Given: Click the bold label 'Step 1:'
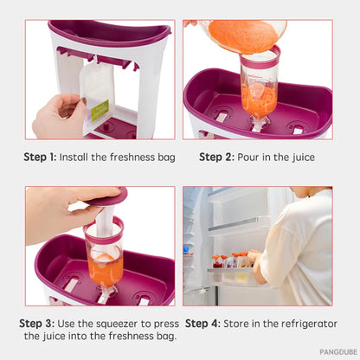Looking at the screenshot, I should click(39, 157).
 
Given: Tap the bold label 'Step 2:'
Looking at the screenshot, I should click(217, 157).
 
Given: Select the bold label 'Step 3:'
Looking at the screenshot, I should click(37, 323).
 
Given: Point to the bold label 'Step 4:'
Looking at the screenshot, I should click(203, 323).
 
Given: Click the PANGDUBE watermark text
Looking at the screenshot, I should click(337, 352).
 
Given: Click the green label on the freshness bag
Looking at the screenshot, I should click(100, 110).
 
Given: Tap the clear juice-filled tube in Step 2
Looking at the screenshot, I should click(259, 87).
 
